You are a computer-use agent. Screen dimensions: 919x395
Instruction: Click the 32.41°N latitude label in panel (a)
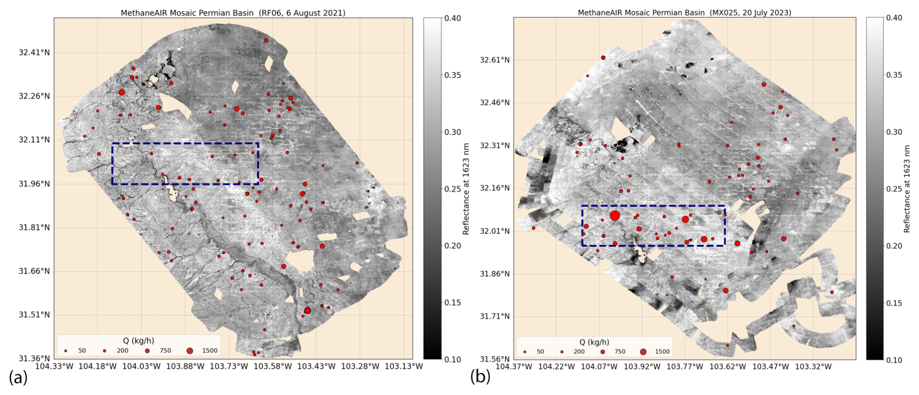34,52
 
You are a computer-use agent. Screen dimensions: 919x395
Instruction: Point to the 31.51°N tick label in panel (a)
34,315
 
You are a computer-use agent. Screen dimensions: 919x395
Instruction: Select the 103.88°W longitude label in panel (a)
186,366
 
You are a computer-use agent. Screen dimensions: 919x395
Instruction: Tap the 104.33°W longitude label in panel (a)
54,366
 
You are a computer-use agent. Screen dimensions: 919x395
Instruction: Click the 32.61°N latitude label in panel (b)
494,60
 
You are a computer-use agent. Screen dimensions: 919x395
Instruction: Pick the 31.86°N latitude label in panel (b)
494,274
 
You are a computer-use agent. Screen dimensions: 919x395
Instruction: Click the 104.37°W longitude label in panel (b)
514,366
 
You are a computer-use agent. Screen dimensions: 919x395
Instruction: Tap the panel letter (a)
18,377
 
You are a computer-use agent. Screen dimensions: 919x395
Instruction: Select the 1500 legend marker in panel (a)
190,351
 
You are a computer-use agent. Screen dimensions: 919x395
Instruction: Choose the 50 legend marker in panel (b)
525,352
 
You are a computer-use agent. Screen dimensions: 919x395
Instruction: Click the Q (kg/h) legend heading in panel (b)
594,342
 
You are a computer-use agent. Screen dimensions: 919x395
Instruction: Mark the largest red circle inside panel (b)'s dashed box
615,216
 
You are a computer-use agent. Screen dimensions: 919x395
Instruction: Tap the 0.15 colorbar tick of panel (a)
453,303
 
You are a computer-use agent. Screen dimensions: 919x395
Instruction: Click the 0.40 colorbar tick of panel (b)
894,18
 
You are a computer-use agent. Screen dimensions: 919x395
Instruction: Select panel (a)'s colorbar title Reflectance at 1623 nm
466,189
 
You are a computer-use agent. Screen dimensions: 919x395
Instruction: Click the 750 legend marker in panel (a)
148,351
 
